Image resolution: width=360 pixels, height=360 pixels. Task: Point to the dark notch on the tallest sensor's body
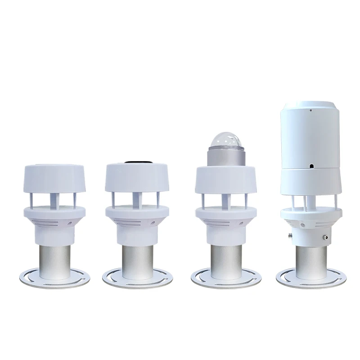(x=311, y=166)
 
